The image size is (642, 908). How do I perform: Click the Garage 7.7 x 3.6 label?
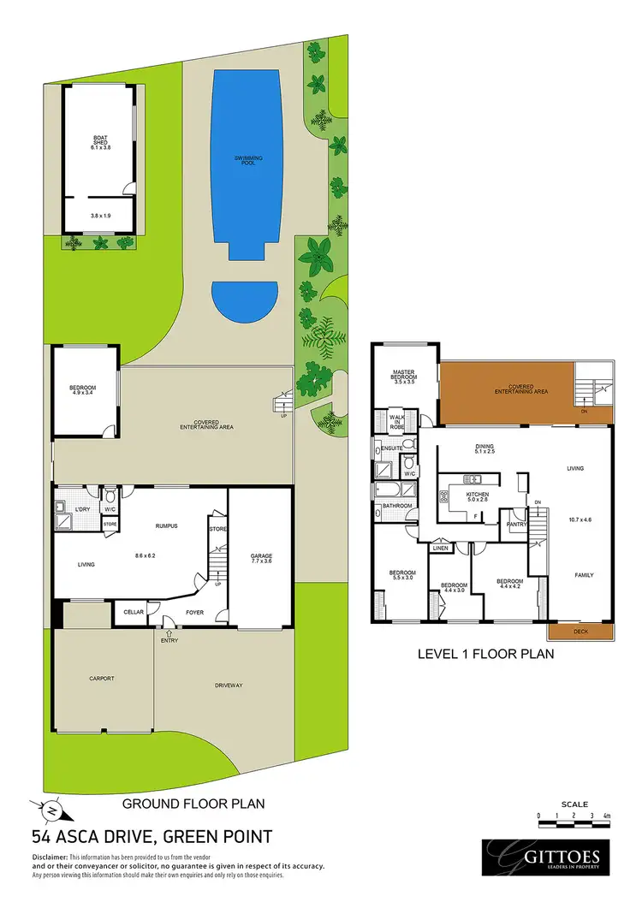click(x=261, y=558)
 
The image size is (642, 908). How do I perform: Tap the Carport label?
click(x=102, y=679)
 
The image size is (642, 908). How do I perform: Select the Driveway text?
click(x=229, y=685)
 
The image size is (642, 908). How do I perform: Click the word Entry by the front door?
click(x=169, y=640)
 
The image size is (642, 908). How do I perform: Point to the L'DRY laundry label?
click(x=82, y=511)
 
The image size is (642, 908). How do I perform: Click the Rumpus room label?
click(x=166, y=526)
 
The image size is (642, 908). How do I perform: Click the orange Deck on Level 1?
click(x=581, y=632)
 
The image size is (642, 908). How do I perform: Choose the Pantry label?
click(x=515, y=524)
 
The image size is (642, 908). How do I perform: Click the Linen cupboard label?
click(x=441, y=549)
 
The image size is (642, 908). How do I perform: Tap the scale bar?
click(x=573, y=816)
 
